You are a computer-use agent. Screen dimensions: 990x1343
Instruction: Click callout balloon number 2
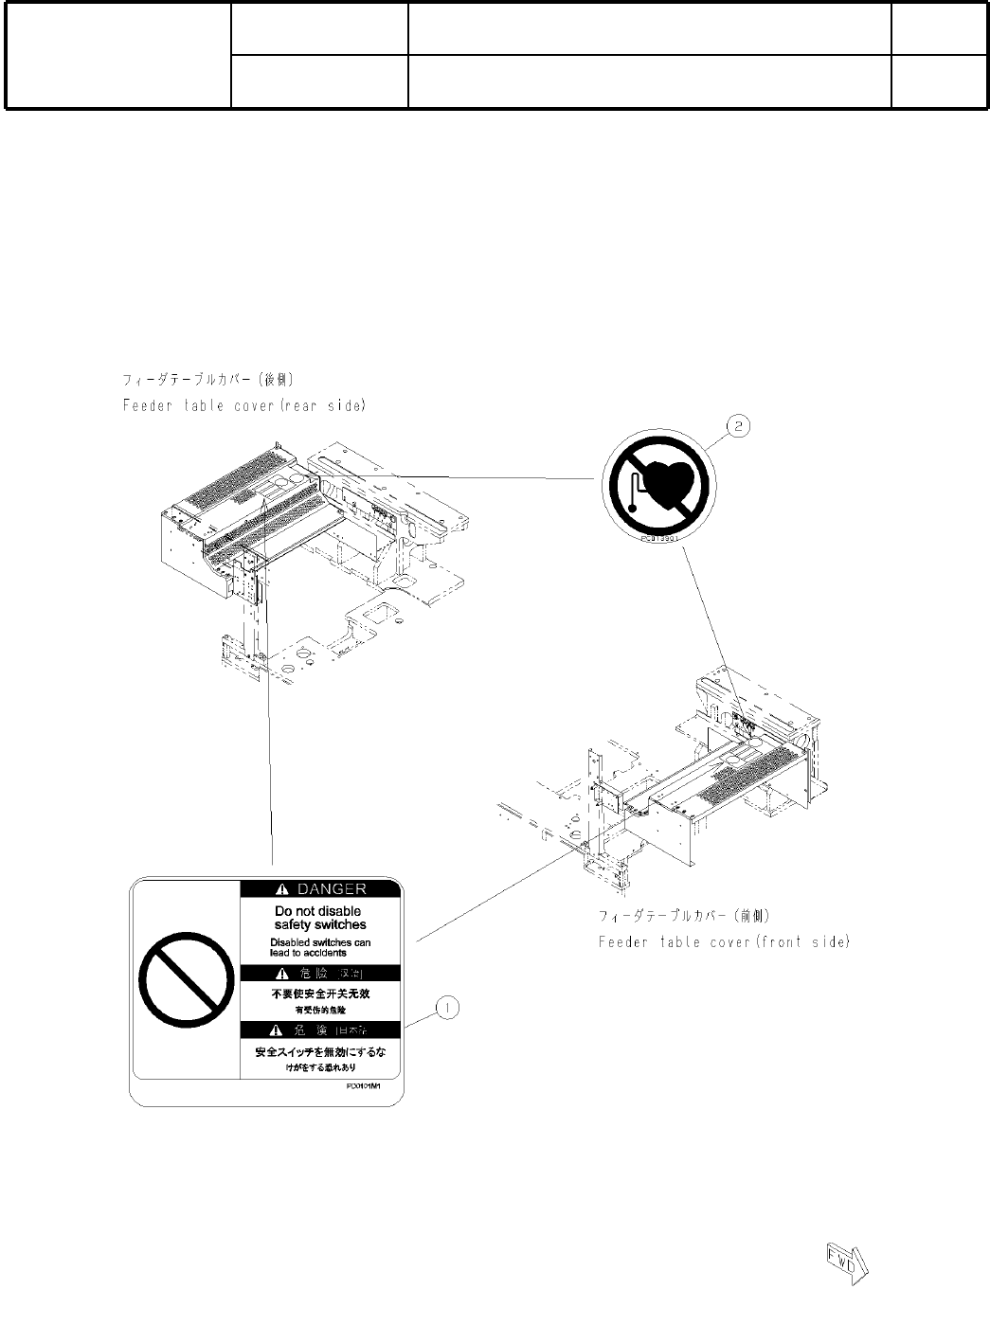point(739,427)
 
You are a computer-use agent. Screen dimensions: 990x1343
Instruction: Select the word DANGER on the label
point(332,889)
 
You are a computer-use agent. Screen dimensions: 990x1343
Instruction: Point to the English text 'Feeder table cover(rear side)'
point(244,405)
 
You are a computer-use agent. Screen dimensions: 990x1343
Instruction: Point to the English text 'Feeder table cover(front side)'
point(724,942)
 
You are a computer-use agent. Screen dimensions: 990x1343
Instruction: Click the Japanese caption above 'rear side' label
point(208,380)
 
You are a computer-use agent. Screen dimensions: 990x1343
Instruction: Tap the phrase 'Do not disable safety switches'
point(320,918)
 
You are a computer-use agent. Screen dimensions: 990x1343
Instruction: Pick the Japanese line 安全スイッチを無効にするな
point(320,1051)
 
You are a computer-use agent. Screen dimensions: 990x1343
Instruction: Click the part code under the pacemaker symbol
point(656,537)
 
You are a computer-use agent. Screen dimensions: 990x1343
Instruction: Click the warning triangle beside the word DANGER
point(281,889)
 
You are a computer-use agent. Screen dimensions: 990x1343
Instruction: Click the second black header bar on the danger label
point(320,974)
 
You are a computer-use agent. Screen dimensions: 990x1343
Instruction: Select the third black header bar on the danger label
point(320,1030)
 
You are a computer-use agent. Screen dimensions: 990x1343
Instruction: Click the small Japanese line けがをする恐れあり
point(320,1066)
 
